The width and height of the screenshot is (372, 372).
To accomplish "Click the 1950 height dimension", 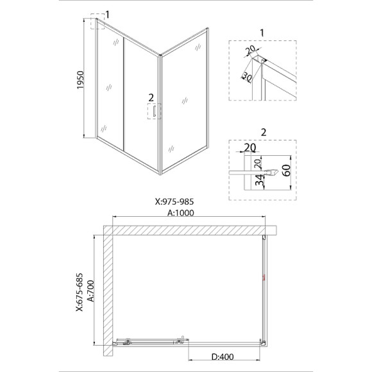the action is [x=80, y=80].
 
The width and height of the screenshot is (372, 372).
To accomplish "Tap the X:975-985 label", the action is [x=174, y=201].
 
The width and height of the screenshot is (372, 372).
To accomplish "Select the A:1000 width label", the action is [x=181, y=213].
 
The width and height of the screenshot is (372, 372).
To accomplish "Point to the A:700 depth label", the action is [x=90, y=291].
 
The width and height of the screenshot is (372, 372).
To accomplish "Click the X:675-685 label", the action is [x=80, y=292].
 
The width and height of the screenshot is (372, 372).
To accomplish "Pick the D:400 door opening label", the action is [x=223, y=357].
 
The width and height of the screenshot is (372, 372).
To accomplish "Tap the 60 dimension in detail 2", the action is [x=287, y=171].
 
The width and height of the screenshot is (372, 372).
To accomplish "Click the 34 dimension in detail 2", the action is [x=260, y=180].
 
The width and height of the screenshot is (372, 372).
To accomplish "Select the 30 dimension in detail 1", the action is [x=247, y=77].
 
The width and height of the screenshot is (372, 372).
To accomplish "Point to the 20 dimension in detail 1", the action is [x=250, y=50].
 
